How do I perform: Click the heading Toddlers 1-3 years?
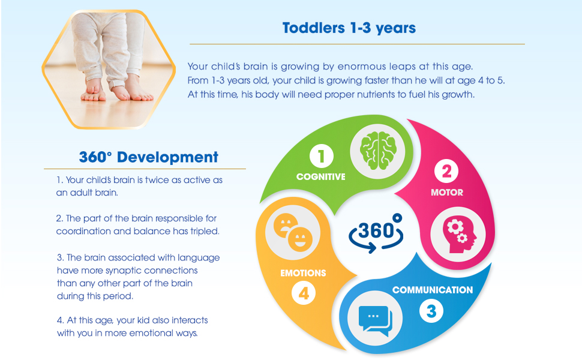tap(349, 28)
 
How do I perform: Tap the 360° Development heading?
tap(148, 157)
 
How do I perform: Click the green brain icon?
tap(378, 151)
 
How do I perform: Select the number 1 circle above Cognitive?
tap(322, 156)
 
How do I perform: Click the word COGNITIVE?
tap(320, 176)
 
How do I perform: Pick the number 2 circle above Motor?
tap(446, 171)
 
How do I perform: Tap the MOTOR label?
tap(447, 192)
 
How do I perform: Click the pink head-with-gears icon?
tap(458, 235)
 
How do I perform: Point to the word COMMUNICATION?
tap(433, 290)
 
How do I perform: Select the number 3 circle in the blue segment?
tap(431, 311)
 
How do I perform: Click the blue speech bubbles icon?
tap(375, 319)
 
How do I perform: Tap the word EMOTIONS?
tap(303, 273)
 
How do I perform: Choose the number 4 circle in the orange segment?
tap(304, 293)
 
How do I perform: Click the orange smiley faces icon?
tap(293, 232)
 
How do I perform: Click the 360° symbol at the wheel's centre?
tap(376, 233)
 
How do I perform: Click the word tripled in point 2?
tap(205, 231)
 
